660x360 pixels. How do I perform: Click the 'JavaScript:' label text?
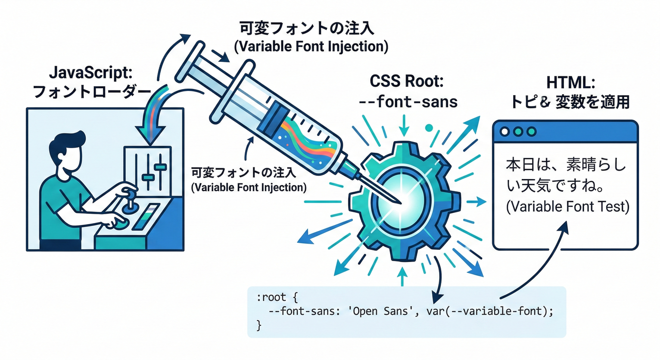click(91, 73)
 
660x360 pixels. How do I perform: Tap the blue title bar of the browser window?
click(565, 132)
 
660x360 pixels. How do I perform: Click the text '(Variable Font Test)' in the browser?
click(567, 207)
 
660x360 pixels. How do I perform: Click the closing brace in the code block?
click(259, 324)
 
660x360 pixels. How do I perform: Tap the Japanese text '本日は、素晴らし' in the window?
click(565, 166)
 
